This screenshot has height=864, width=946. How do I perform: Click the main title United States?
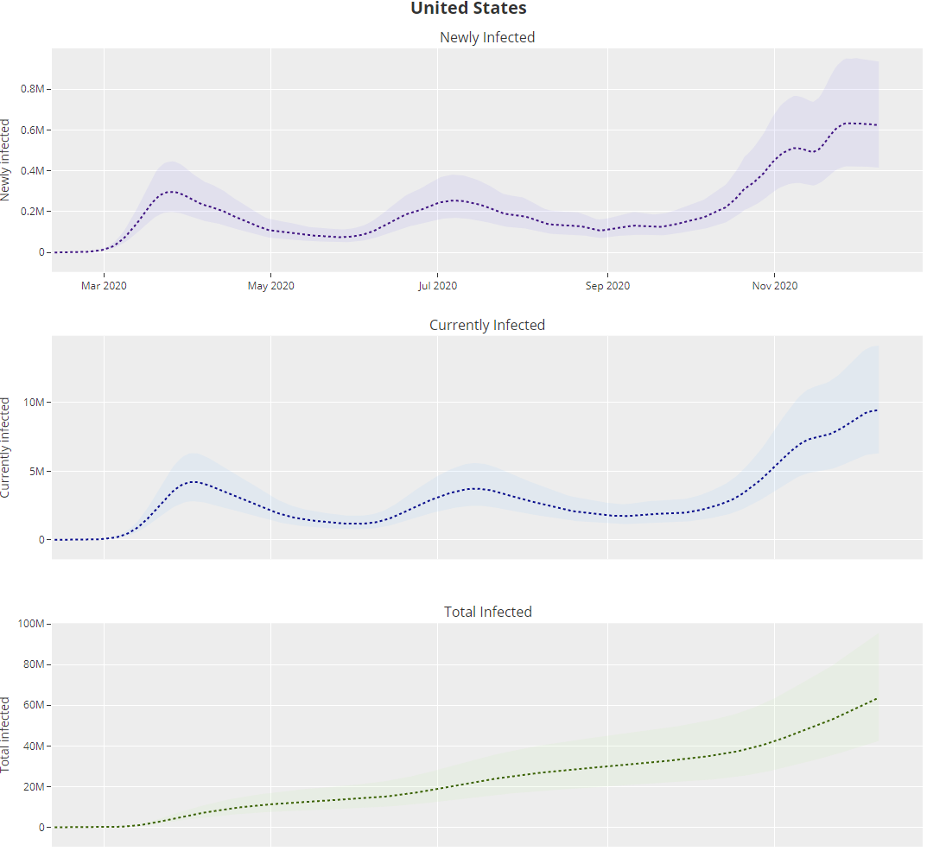[x=468, y=9]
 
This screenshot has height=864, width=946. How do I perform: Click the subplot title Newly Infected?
[x=487, y=37]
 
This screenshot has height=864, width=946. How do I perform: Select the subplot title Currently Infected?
[x=487, y=325]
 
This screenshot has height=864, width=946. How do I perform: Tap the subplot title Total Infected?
[x=487, y=612]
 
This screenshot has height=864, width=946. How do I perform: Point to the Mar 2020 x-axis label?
[x=104, y=286]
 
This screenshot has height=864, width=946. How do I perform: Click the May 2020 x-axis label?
[x=271, y=286]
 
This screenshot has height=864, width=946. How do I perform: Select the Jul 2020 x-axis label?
[x=437, y=286]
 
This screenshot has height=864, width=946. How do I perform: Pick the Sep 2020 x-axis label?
[x=607, y=286]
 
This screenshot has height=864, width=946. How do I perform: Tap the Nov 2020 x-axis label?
[x=775, y=286]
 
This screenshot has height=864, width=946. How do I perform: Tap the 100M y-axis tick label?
[x=35, y=624]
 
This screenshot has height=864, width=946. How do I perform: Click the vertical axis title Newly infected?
[x=7, y=160]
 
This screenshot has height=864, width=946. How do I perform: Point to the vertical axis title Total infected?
[x=7, y=734]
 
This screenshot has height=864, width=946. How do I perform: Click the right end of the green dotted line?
[x=877, y=698]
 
